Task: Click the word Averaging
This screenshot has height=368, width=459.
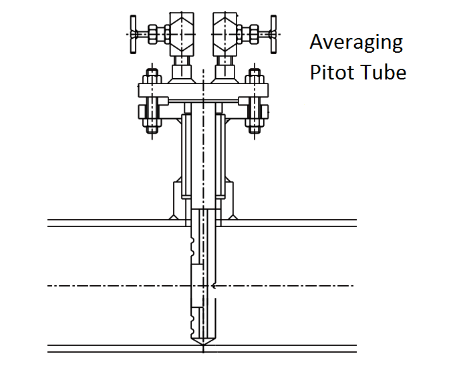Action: (356, 43)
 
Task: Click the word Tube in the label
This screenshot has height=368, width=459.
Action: (383, 71)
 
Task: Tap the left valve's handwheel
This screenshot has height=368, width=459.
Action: (134, 31)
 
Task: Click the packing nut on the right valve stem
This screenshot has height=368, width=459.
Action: (252, 31)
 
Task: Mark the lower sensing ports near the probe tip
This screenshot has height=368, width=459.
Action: (193, 322)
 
